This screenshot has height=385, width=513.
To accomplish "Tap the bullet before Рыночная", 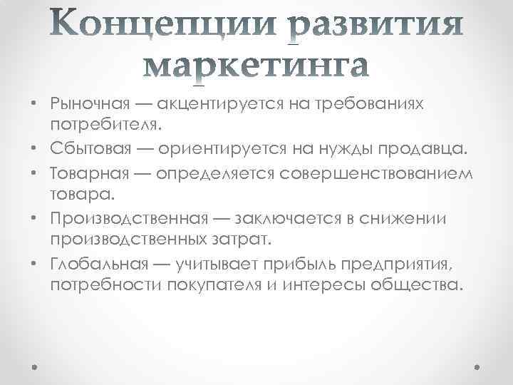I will pos(34,106).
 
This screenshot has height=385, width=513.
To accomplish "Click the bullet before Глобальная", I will pos(34,265).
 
